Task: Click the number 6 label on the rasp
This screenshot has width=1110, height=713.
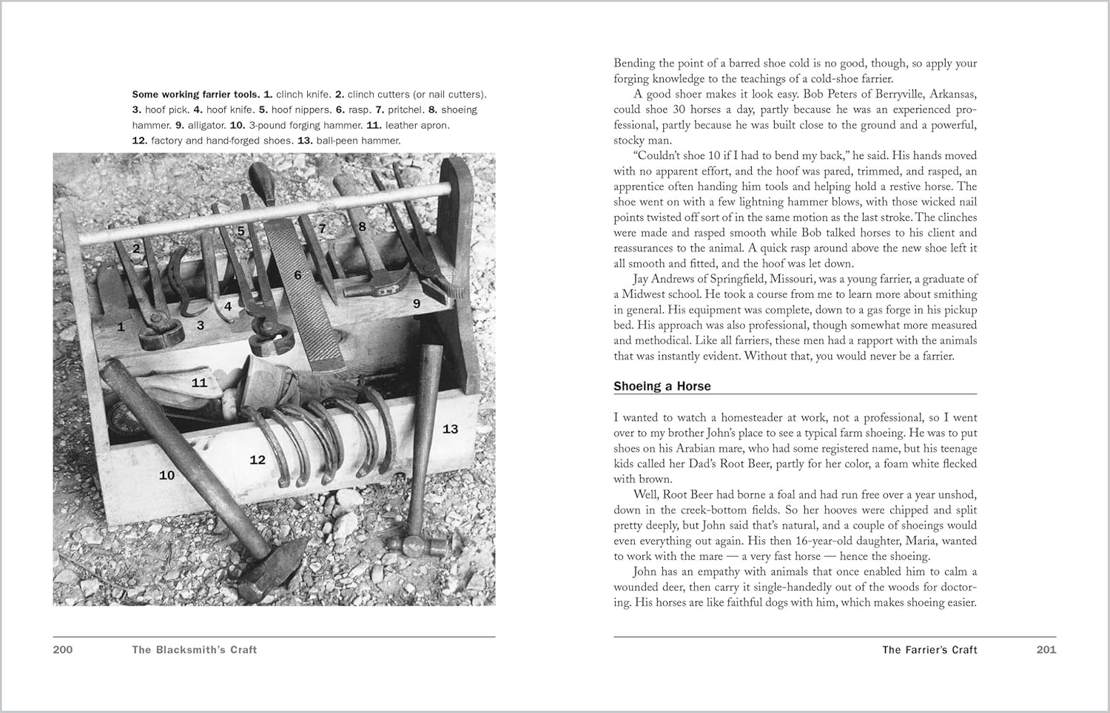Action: click(x=297, y=275)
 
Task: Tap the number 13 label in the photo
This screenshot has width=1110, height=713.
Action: click(x=450, y=429)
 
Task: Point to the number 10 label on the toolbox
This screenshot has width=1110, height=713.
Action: click(x=166, y=475)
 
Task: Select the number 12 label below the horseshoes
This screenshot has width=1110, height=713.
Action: click(x=257, y=460)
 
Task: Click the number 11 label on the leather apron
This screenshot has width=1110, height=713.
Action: click(x=199, y=382)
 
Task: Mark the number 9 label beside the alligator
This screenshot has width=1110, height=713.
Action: click(x=417, y=303)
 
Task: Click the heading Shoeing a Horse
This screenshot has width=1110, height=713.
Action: click(x=662, y=386)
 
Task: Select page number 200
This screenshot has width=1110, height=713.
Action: click(x=63, y=649)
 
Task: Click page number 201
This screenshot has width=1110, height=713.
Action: click(x=1046, y=649)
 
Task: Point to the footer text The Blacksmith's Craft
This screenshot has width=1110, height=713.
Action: click(x=195, y=649)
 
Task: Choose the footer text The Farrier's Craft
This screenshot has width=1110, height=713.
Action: click(x=929, y=649)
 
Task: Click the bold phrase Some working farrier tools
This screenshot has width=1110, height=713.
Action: click(x=196, y=94)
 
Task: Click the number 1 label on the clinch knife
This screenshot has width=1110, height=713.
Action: click(x=121, y=326)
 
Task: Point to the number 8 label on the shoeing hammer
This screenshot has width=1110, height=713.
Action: click(x=362, y=226)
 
